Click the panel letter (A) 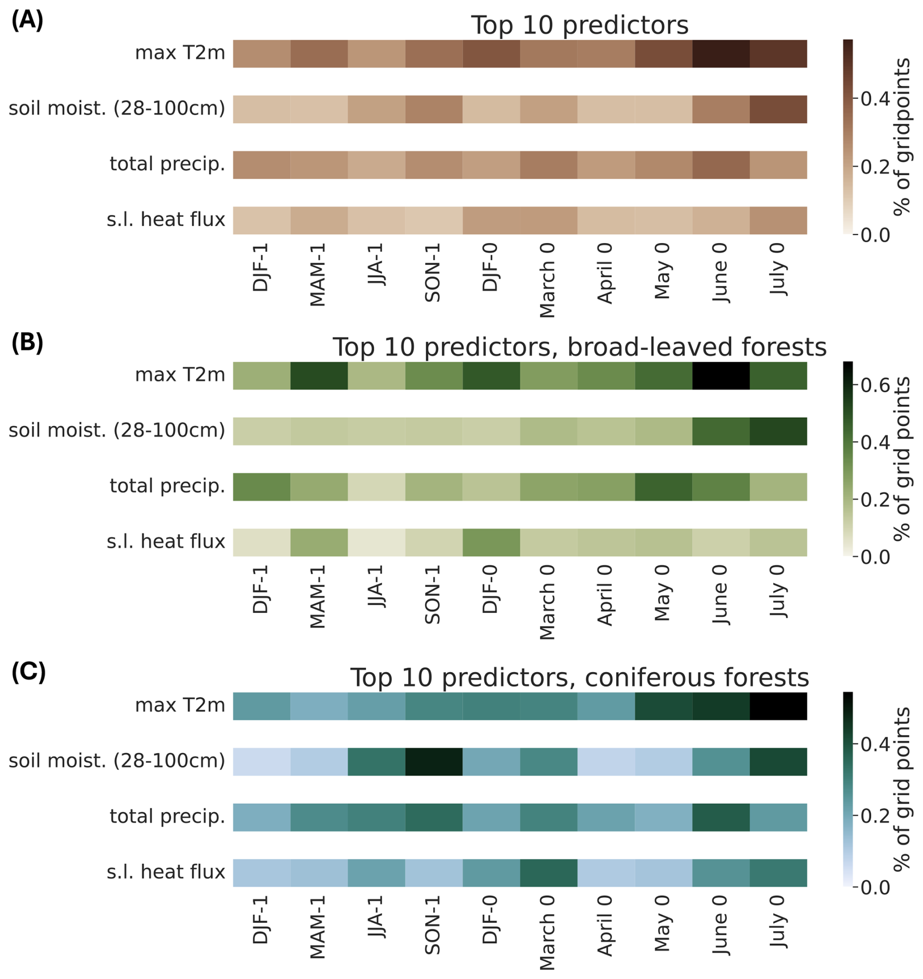(x=27, y=20)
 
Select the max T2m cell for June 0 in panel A (x=721, y=54)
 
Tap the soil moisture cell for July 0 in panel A (x=778, y=109)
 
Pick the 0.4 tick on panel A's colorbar (x=875, y=99)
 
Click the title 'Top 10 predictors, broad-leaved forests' (x=580, y=347)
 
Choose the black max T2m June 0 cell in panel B (x=721, y=376)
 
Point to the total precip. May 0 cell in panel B (x=663, y=487)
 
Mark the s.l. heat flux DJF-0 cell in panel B (x=491, y=542)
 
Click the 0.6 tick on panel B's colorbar (x=875, y=386)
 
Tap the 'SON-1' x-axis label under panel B (x=433, y=594)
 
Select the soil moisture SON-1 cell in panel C (x=434, y=761)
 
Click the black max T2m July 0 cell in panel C (x=778, y=706)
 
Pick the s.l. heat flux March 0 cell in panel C (x=548, y=873)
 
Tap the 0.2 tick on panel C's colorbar (x=875, y=816)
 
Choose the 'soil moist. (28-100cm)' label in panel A (x=117, y=108)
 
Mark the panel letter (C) (x=28, y=673)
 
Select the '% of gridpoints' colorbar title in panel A (x=902, y=137)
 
